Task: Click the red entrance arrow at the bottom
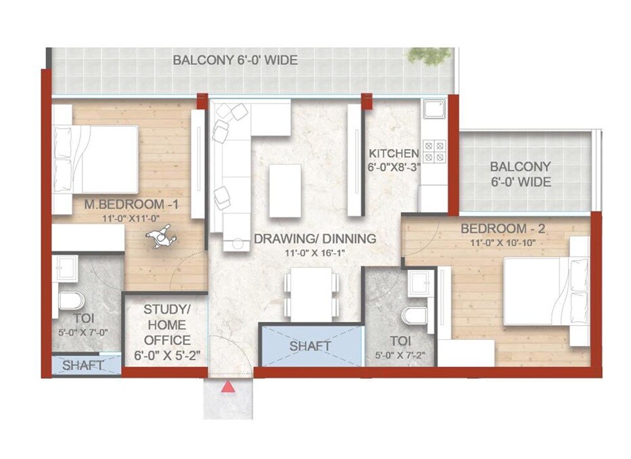pos(229,387)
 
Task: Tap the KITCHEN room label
pos(393,154)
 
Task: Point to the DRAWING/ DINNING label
pos(314,238)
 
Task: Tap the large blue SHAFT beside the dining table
pos(310,346)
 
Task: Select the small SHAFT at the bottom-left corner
pos(84,366)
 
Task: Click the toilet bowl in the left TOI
pos(71,300)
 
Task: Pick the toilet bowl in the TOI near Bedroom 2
pos(414,315)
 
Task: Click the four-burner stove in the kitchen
pos(434,150)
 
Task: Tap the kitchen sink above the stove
pos(434,109)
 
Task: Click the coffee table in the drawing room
pos(285,190)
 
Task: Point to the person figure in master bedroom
pos(161,238)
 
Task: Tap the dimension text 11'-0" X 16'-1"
pos(314,253)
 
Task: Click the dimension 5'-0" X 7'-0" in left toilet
pos(85,332)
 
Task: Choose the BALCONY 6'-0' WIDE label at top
pos(235,60)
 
